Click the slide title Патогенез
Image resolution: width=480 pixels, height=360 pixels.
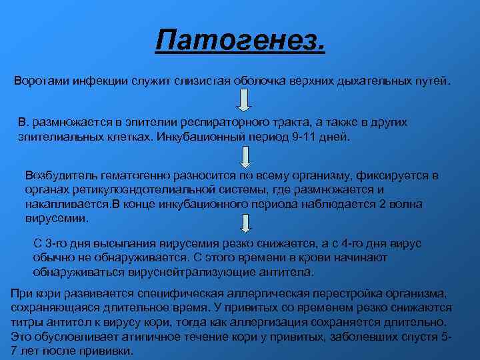tap(240, 42)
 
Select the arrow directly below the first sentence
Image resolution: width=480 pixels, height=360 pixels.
tap(245, 100)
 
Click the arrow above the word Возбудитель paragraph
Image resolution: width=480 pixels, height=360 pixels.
tap(245, 157)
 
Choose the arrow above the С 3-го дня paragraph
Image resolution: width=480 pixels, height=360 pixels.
tap(245, 223)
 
